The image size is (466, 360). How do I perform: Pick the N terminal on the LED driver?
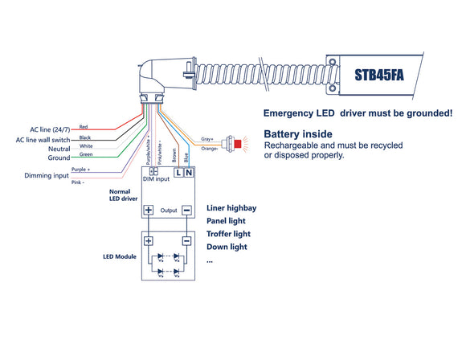(x=189, y=173)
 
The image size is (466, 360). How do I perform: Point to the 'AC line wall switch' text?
(x=43, y=138)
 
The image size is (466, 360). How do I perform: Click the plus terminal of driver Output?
(x=149, y=211)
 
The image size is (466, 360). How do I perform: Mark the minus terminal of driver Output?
(x=186, y=211)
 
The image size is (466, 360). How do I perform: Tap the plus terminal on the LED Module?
(x=149, y=240)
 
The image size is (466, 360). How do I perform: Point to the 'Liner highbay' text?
(x=231, y=207)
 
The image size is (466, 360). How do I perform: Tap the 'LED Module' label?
(x=119, y=256)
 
